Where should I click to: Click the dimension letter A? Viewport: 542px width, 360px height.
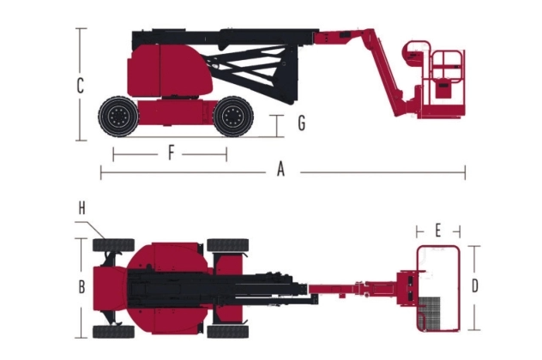(280, 170)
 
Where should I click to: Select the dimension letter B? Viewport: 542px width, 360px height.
(82, 287)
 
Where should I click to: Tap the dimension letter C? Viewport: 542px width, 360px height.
(81, 86)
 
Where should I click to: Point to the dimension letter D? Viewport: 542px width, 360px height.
(475, 285)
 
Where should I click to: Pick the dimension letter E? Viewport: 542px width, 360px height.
(438, 231)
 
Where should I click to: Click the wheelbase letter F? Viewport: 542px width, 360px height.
(171, 153)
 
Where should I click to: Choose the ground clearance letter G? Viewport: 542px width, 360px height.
(302, 123)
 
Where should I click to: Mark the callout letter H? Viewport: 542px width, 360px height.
(82, 208)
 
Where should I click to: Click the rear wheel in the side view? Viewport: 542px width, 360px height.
(118, 117)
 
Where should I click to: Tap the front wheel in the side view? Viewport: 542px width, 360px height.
(233, 117)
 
